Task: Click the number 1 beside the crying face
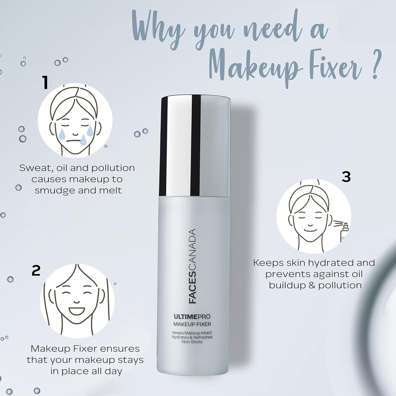coord(45,82)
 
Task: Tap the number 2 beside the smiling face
coord(36,271)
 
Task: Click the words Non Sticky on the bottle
coord(192,342)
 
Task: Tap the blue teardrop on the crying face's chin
coord(83,140)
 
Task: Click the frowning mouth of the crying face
coord(74,141)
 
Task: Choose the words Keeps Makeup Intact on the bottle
coord(192,333)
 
